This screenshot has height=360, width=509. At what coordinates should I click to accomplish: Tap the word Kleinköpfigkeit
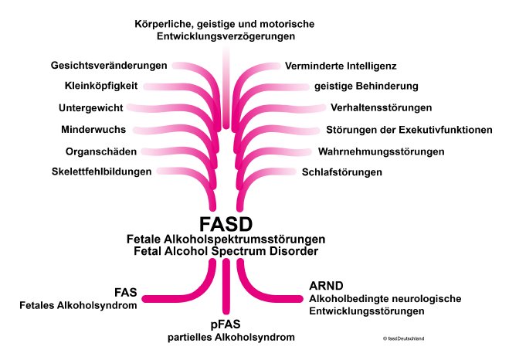[100, 85]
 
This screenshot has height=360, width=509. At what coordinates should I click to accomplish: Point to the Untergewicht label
[92, 107]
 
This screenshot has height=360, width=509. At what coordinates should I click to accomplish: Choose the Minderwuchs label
[93, 128]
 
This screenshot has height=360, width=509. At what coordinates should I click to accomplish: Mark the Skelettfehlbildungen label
[100, 172]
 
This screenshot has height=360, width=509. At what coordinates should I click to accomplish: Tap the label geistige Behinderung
[366, 85]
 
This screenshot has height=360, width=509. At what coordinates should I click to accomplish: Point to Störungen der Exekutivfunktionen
[409, 128]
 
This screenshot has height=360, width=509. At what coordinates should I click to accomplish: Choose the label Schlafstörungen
[342, 172]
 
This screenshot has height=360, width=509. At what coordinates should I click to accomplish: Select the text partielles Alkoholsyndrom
[224, 337]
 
